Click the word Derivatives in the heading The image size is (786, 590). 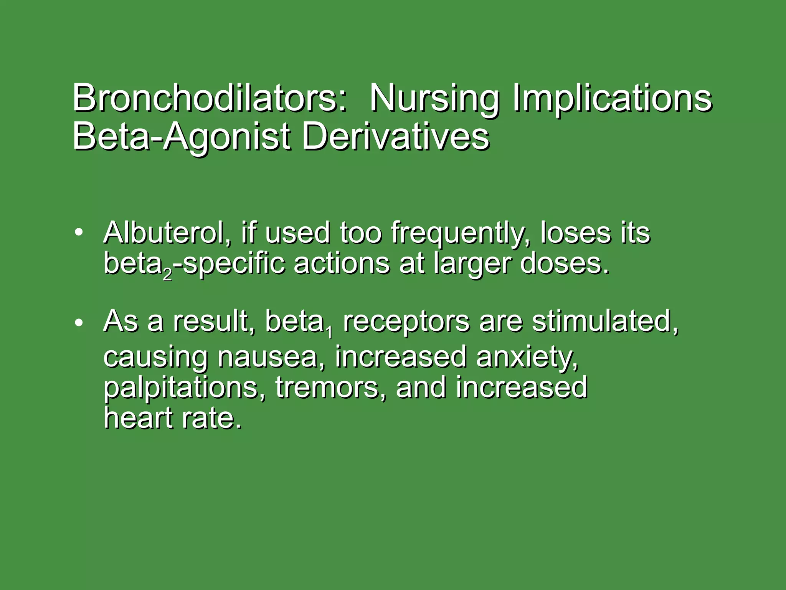point(396,137)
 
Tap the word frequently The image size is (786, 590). point(461,234)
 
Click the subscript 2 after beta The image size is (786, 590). point(167,274)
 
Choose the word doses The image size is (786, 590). point(564,264)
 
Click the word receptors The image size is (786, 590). point(406,322)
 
